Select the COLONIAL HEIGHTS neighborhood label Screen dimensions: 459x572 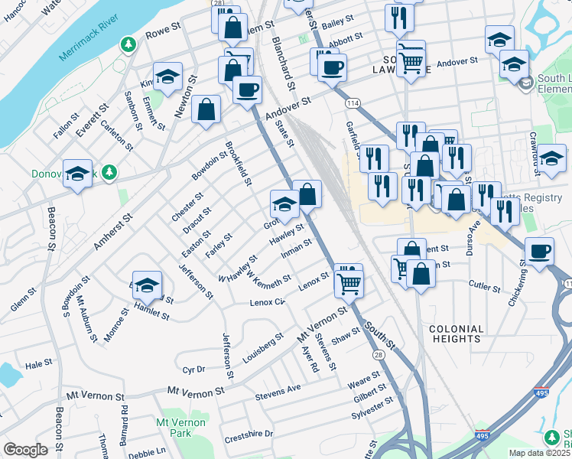coord(457,334)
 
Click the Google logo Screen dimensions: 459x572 coord(25,449)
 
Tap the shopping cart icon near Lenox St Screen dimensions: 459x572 coord(349,283)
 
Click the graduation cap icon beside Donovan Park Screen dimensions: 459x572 coord(77,175)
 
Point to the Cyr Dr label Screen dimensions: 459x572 coord(194,369)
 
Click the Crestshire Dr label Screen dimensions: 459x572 coord(249,436)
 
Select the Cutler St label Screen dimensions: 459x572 coord(485,289)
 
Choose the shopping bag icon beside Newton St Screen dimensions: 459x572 coord(206,109)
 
